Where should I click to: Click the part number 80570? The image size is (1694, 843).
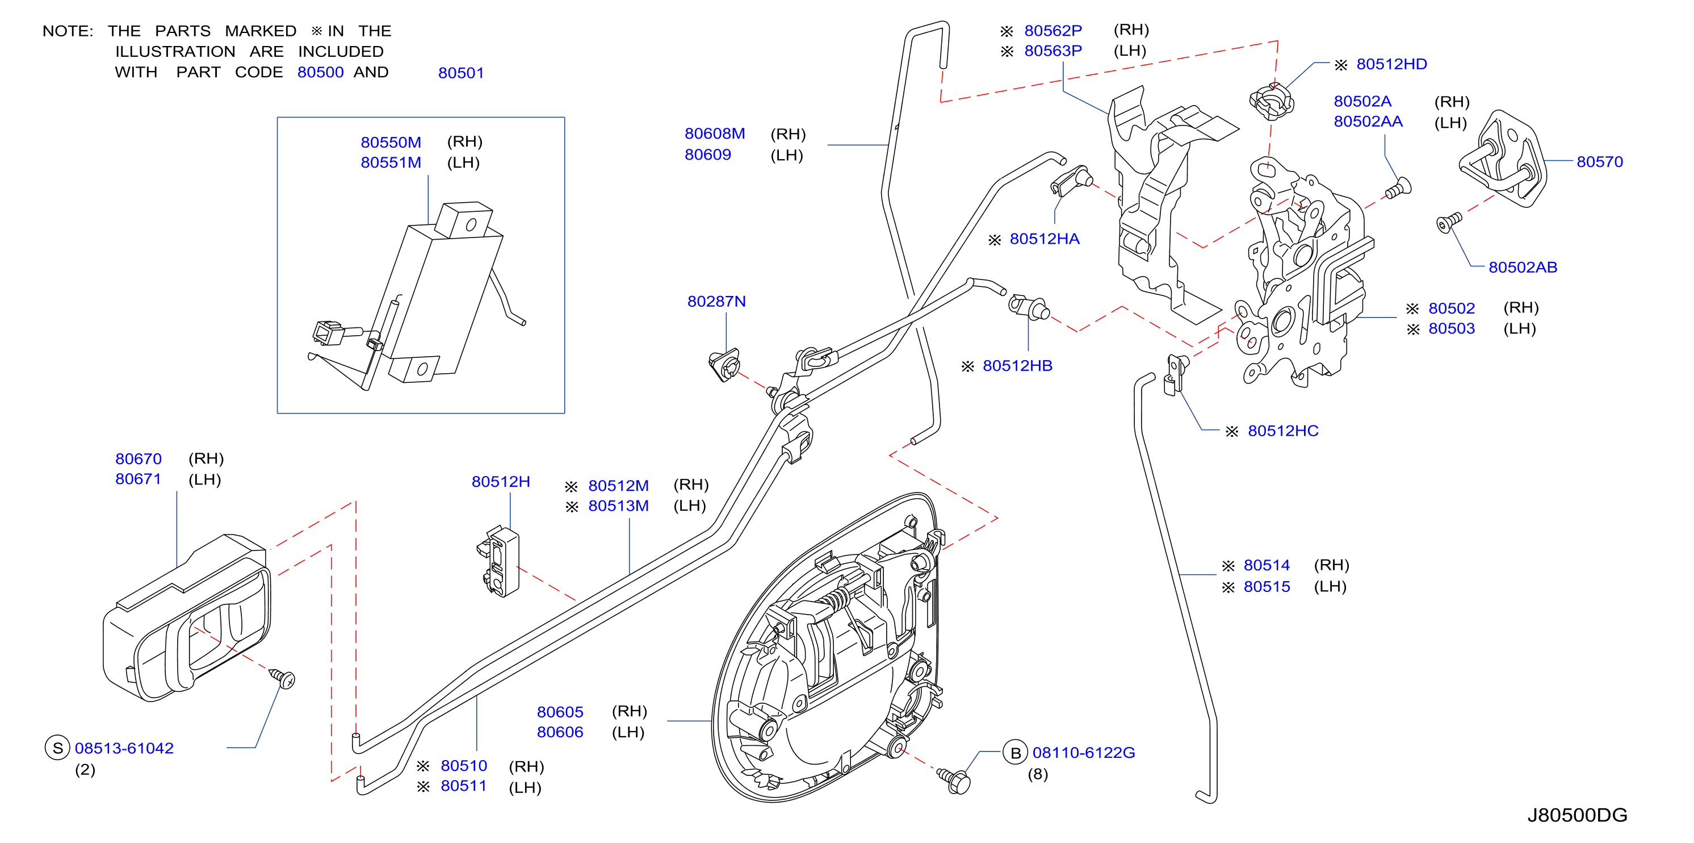tap(1599, 162)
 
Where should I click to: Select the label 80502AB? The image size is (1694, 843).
tap(1523, 267)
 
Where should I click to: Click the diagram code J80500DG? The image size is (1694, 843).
tap(1577, 815)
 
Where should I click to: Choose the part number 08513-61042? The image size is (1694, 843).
tap(124, 748)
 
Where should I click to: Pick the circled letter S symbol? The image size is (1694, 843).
tap(58, 748)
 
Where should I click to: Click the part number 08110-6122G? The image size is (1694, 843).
tap(1084, 753)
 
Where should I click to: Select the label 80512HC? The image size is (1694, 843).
tap(1283, 431)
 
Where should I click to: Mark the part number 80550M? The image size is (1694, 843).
tap(391, 142)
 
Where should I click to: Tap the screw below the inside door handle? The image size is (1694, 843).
tap(283, 678)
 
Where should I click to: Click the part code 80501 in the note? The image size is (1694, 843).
tap(461, 73)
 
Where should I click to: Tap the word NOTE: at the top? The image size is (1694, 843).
tap(68, 31)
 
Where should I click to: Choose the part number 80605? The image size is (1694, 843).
tap(560, 712)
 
